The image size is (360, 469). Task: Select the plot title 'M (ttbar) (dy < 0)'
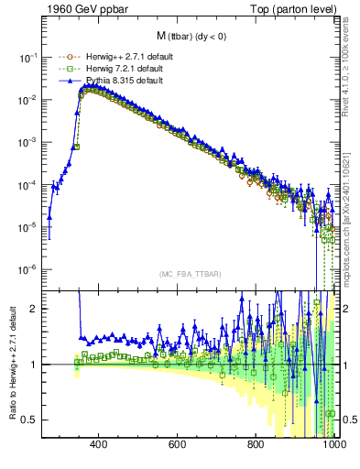[188, 36]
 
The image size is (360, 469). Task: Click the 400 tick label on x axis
[100, 444]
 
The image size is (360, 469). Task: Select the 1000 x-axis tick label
[333, 444]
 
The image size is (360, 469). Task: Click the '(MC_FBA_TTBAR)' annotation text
[188, 274]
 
